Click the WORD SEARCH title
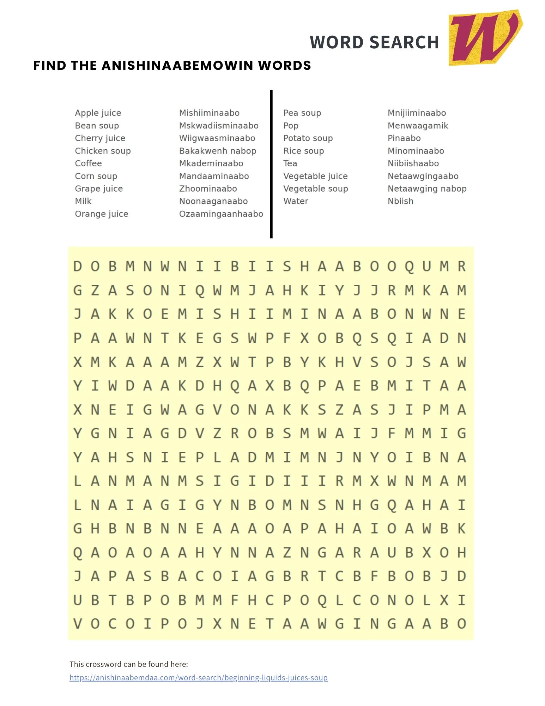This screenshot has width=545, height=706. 374,42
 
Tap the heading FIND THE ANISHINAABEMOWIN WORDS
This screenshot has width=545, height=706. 172,66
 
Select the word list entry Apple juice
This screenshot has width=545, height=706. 98,113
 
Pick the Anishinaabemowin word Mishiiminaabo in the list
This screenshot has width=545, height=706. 209,113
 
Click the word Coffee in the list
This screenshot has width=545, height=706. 88,163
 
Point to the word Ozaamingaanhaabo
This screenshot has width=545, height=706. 221,214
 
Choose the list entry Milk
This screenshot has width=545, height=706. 83,201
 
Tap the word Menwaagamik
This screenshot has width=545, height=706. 418,126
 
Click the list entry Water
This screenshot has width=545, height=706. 296,201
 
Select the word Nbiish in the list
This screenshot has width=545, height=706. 400,201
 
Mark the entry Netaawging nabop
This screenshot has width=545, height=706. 427,189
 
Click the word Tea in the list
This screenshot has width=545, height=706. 290,163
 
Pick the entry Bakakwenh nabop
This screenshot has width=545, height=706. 218,151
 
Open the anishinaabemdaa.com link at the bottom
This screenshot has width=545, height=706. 199,677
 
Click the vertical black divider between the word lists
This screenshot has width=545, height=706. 271,164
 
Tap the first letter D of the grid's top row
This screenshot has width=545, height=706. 77,267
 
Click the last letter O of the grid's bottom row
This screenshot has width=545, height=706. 462,624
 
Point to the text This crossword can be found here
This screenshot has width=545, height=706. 129,664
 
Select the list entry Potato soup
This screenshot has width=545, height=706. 308,138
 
